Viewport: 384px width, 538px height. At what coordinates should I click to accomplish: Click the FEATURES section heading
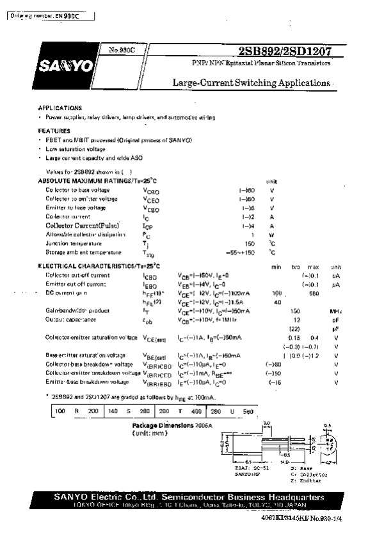coord(54,131)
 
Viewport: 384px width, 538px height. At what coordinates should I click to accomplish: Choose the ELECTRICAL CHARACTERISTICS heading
coord(99,265)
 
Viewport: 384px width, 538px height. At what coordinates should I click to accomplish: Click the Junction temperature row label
coord(74,244)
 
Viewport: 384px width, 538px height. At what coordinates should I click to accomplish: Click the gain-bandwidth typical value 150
coord(296,310)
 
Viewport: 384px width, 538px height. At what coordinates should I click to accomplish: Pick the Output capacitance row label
coord(70,319)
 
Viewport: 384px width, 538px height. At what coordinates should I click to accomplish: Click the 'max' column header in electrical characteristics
coord(314,266)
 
